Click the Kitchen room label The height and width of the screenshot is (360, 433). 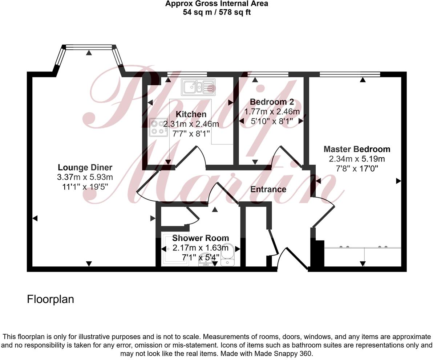pos(191,114)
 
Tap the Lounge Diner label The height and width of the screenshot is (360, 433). pos(85,167)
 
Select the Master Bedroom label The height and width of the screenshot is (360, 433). pos(357,149)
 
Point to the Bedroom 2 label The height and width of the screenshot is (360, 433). pos(272,102)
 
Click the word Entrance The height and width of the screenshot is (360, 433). pos(268,189)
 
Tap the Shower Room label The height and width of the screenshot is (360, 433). pos(201,238)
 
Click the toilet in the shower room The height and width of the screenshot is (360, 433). pos(228,258)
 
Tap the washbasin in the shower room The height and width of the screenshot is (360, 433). pos(206,262)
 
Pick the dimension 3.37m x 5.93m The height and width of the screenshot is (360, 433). pos(85,177)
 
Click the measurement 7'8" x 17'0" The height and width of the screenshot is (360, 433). pos(357,168)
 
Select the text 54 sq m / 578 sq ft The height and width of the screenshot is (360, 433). pos(216,12)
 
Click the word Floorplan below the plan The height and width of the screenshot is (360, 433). pos(50,299)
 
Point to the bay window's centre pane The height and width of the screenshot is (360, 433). pos(89,46)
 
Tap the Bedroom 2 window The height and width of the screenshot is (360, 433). pos(268,74)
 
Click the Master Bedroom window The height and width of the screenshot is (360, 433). pos(349,74)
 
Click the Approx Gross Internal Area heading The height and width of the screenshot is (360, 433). pos(216,4)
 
